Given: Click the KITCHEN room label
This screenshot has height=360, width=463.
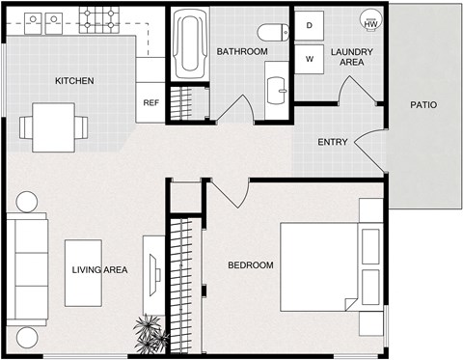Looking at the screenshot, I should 73,80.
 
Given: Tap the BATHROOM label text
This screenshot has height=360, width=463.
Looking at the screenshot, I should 241,51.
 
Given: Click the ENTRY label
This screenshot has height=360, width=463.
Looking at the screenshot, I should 333,143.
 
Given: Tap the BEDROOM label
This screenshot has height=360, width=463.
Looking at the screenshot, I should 250,265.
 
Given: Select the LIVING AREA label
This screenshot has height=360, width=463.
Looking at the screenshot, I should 99,270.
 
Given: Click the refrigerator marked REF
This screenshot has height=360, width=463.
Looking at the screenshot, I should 150,102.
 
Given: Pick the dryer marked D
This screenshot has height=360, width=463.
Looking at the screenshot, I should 311,27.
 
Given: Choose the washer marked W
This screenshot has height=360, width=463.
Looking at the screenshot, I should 311,59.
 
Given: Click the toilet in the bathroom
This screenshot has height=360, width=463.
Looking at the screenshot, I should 276,30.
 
